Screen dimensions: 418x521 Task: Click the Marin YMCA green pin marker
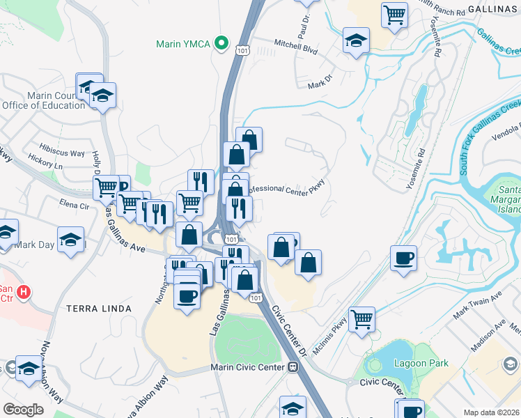pyautogui.click(x=221, y=43)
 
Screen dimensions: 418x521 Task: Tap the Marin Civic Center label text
pyautogui.click(x=247, y=367)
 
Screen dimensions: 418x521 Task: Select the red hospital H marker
pyautogui.click(x=24, y=292)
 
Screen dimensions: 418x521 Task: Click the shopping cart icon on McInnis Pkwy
pyautogui.click(x=361, y=320)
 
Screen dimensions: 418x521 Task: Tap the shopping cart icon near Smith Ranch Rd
pyautogui.click(x=394, y=14)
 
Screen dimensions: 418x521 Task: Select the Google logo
pyautogui.click(x=23, y=410)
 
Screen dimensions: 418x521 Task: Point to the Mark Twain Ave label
pyautogui.click(x=477, y=306)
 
